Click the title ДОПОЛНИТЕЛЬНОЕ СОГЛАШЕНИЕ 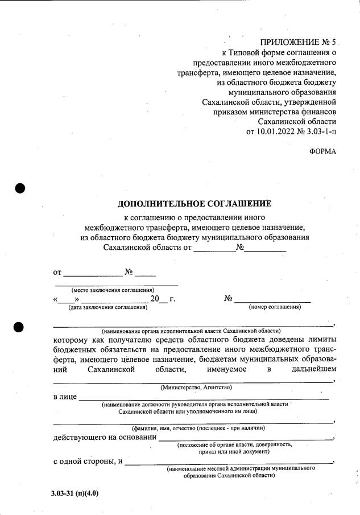pyautogui.click(x=195, y=204)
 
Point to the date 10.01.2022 pyautogui.click(x=270, y=132)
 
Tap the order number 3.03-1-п pyautogui.click(x=320, y=132)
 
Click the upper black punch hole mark pyautogui.click(x=21, y=188)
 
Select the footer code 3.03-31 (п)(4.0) pyautogui.click(x=75, y=493)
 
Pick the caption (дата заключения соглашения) pyautogui.click(x=107, y=307)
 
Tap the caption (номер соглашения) pyautogui.click(x=275, y=307)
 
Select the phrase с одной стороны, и pyautogui.click(x=88, y=461)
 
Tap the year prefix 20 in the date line pyautogui.click(x=155, y=299)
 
